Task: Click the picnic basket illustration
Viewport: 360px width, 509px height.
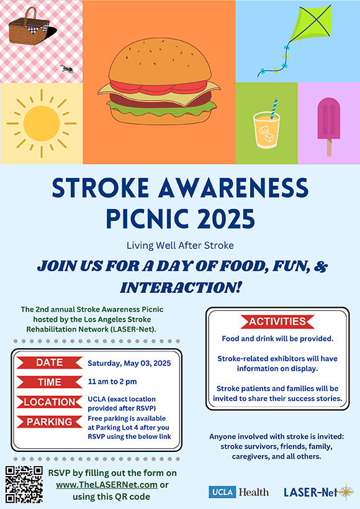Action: tap(29, 27)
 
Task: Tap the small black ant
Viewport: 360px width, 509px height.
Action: tap(67, 69)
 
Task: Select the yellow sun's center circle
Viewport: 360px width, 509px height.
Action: tap(42, 124)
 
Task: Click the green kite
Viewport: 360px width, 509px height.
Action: tap(311, 24)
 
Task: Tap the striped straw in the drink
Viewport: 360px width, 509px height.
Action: tap(274, 109)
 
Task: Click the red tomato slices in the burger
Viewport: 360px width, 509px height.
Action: tap(158, 87)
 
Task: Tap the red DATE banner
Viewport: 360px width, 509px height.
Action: tap(49, 363)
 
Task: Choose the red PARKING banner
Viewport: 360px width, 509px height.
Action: tap(49, 421)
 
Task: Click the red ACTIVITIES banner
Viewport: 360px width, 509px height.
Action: tap(277, 322)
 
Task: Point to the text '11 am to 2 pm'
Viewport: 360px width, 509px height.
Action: tap(112, 381)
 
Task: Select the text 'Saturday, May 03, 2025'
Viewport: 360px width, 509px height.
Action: tap(129, 363)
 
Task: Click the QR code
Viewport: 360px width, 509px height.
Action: tap(24, 484)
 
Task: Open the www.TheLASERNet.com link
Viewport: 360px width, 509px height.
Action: tap(107, 485)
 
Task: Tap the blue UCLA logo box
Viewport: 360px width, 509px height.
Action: tap(222, 492)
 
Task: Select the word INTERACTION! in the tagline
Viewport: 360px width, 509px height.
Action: tap(181, 287)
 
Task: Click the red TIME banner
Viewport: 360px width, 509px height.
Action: tap(49, 382)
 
